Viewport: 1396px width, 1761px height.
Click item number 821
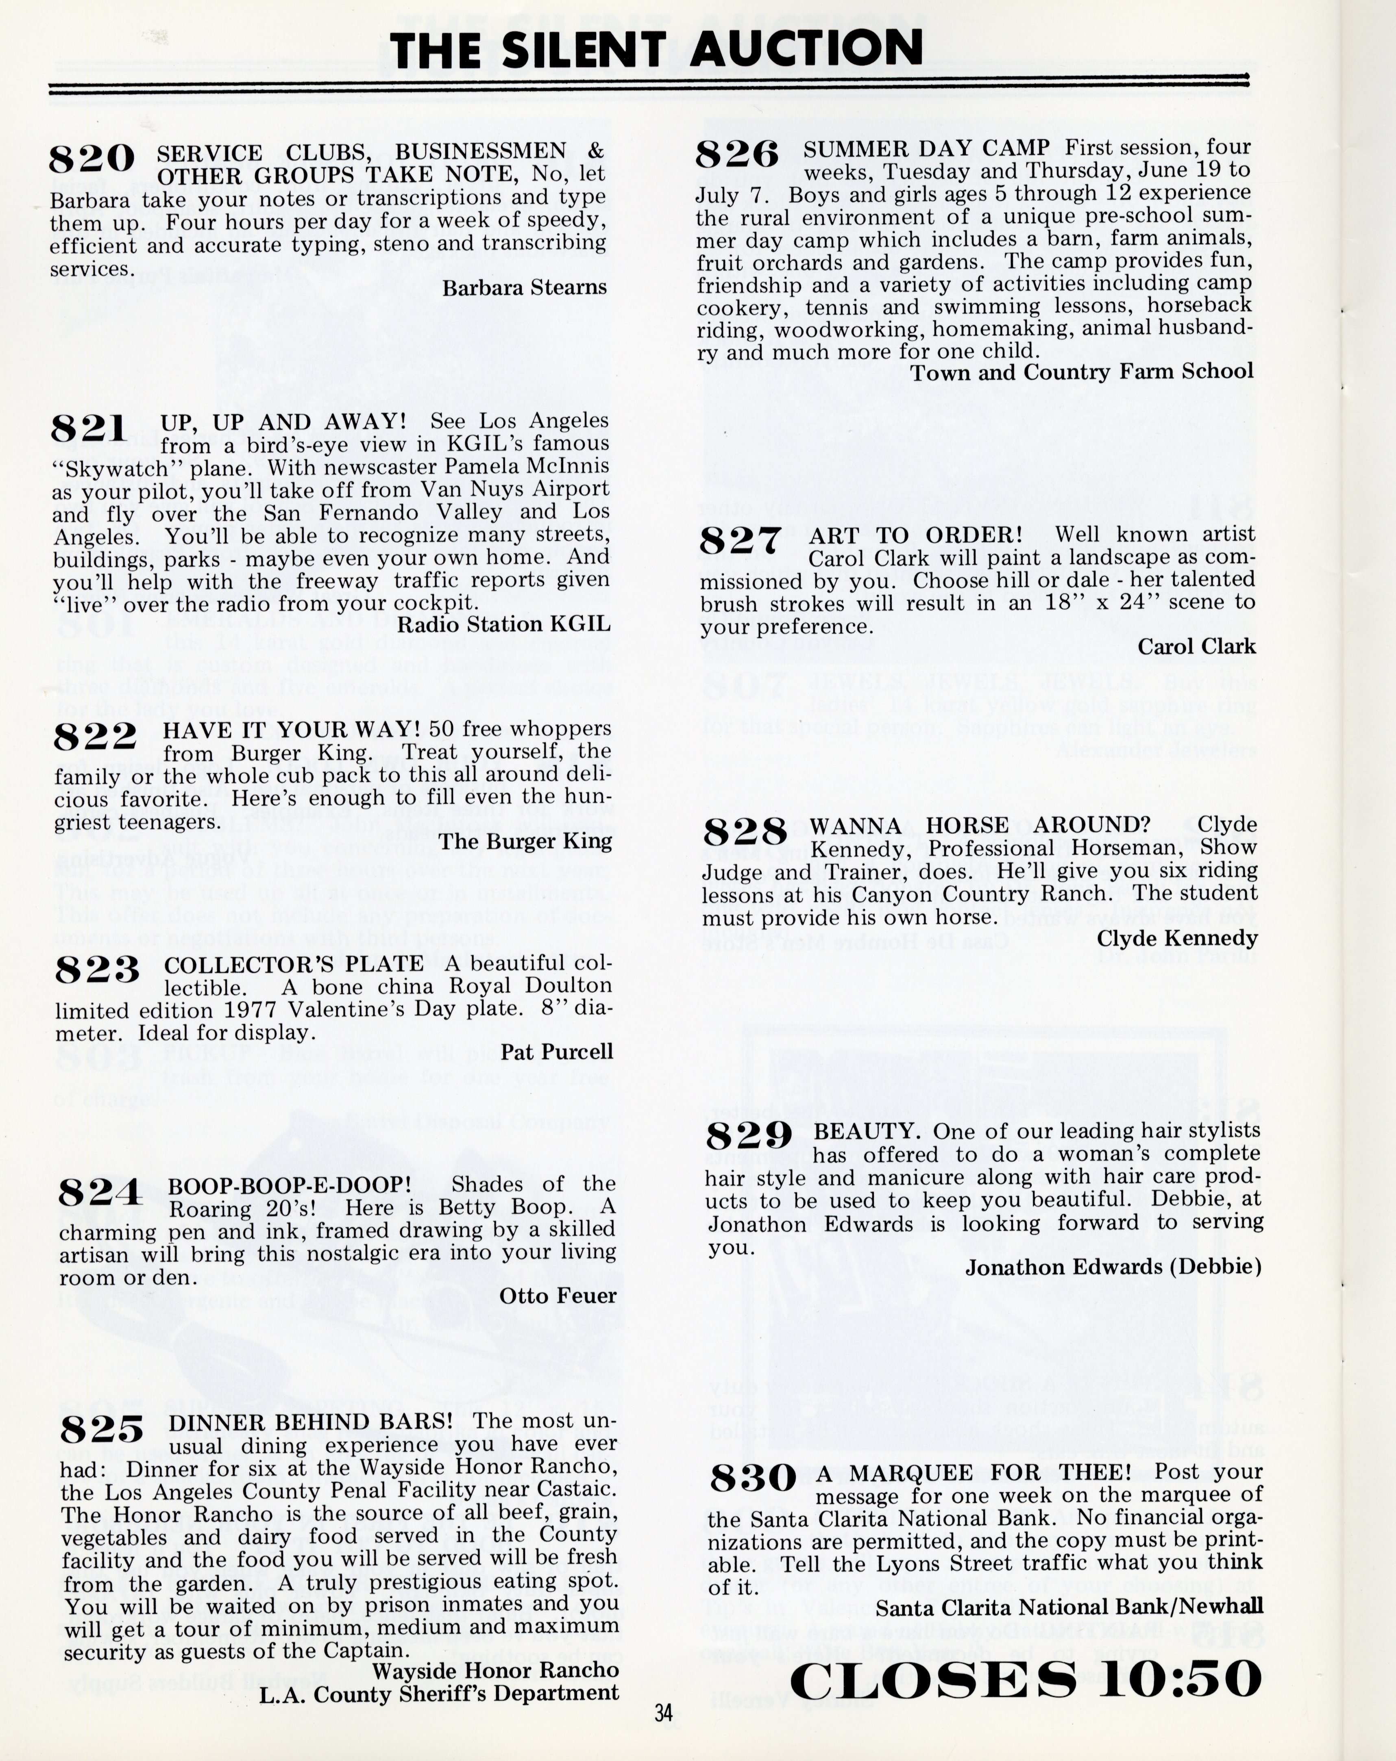[x=90, y=428]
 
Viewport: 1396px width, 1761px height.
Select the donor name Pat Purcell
[x=556, y=1052]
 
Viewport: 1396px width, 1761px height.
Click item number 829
[x=749, y=1135]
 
